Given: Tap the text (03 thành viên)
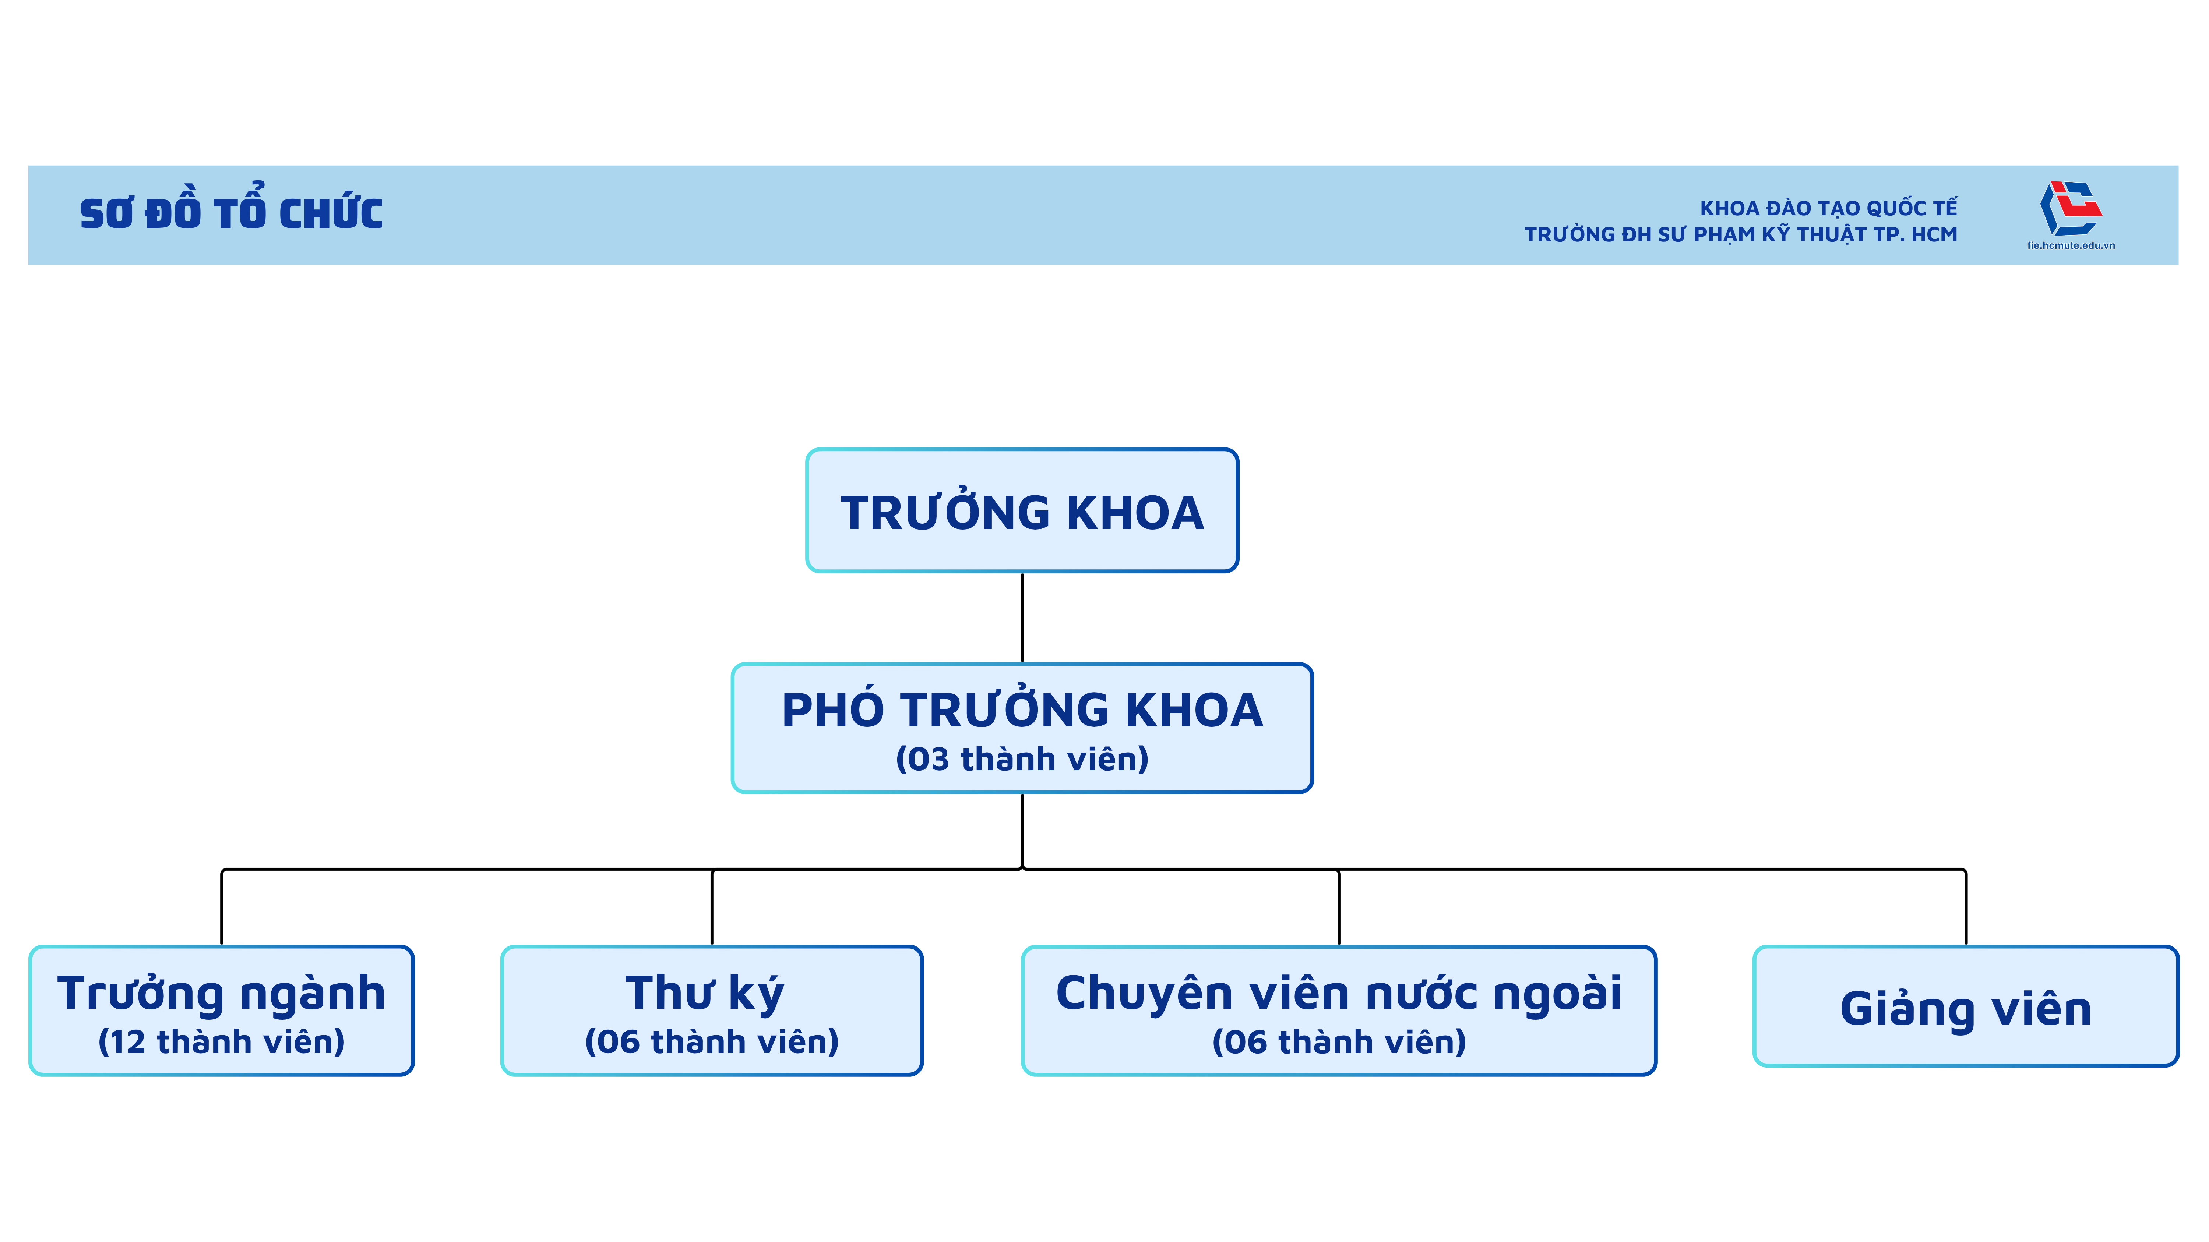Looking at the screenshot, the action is [1022, 760].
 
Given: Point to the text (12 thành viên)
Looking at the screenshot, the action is [221, 1042].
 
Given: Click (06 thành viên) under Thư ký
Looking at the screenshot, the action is [712, 1042].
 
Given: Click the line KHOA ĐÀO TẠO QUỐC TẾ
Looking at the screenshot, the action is [1828, 208].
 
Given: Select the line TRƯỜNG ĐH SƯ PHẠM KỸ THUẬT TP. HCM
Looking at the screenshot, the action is [1741, 235].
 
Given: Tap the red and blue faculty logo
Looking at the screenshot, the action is [2070, 208].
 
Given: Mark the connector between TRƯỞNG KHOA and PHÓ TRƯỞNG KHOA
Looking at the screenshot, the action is [1022, 617].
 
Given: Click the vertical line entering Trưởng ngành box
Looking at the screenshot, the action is [222, 907].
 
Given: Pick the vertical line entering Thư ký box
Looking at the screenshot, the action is [712, 907].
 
